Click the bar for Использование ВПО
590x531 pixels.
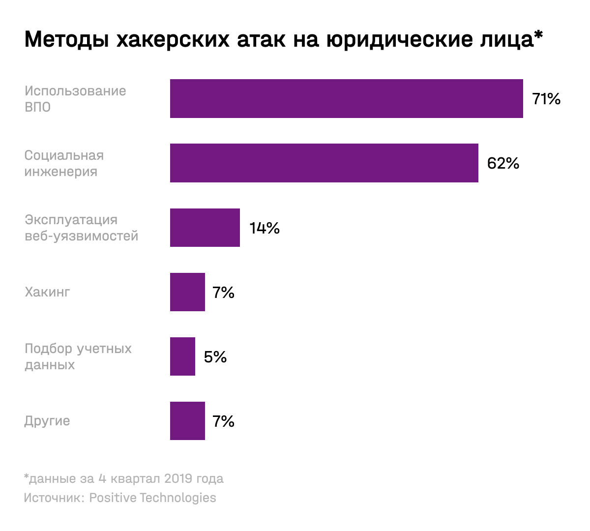pyautogui.click(x=346, y=98)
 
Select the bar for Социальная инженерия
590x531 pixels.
pyautogui.click(x=324, y=163)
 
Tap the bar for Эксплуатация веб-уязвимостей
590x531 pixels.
pyautogui.click(x=205, y=228)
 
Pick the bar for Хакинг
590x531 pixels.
pyautogui.click(x=187, y=292)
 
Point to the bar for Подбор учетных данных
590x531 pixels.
pyautogui.click(x=182, y=356)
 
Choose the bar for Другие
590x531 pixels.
pyautogui.click(x=187, y=421)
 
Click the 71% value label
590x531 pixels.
pyautogui.click(x=546, y=99)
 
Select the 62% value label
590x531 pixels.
pyautogui.click(x=503, y=163)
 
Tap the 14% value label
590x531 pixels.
pyautogui.click(x=265, y=228)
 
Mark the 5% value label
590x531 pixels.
pyautogui.click(x=215, y=357)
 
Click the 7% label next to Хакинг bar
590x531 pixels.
pyautogui.click(x=223, y=293)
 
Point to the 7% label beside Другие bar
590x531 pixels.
pyautogui.click(x=223, y=421)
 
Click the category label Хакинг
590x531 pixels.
pyautogui.click(x=47, y=292)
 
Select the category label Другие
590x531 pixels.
pyautogui.click(x=47, y=421)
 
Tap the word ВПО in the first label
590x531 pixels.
pyautogui.click(x=38, y=107)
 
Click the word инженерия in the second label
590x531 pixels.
pyautogui.click(x=61, y=172)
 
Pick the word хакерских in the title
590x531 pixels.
pyautogui.click(x=173, y=39)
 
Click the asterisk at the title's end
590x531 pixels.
pyautogui.click(x=538, y=35)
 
